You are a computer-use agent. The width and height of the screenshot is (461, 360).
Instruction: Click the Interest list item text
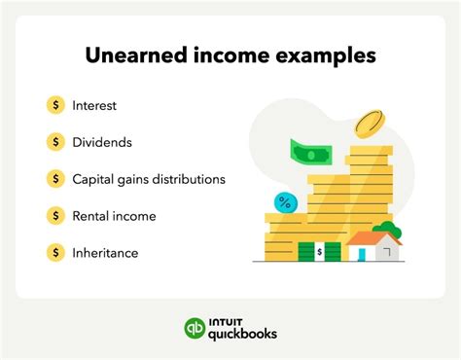pyautogui.click(x=95, y=104)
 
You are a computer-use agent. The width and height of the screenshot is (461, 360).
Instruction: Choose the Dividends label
pyautogui.click(x=102, y=141)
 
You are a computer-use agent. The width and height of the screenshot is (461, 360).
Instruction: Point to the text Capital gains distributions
pyautogui.click(x=149, y=179)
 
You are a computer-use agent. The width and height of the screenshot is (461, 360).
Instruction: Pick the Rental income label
pyautogui.click(x=114, y=216)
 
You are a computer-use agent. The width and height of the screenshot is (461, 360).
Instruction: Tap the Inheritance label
pyautogui.click(x=105, y=253)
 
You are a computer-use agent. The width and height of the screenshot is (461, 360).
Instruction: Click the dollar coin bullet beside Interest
pyautogui.click(x=55, y=104)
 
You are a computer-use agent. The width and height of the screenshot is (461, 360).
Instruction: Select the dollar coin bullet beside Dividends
pyautogui.click(x=55, y=141)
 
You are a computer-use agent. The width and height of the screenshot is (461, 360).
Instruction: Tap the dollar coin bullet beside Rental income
pyautogui.click(x=55, y=216)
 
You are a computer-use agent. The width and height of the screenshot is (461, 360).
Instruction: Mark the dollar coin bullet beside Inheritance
pyautogui.click(x=55, y=253)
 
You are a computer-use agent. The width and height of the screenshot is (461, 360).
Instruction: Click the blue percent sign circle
pyautogui.click(x=285, y=202)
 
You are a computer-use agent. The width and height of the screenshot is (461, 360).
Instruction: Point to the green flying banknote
pyautogui.click(x=310, y=154)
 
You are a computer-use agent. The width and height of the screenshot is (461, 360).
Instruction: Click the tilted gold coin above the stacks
pyautogui.click(x=369, y=124)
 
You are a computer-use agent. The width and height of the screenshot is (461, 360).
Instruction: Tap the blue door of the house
pyautogui.click(x=361, y=253)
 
